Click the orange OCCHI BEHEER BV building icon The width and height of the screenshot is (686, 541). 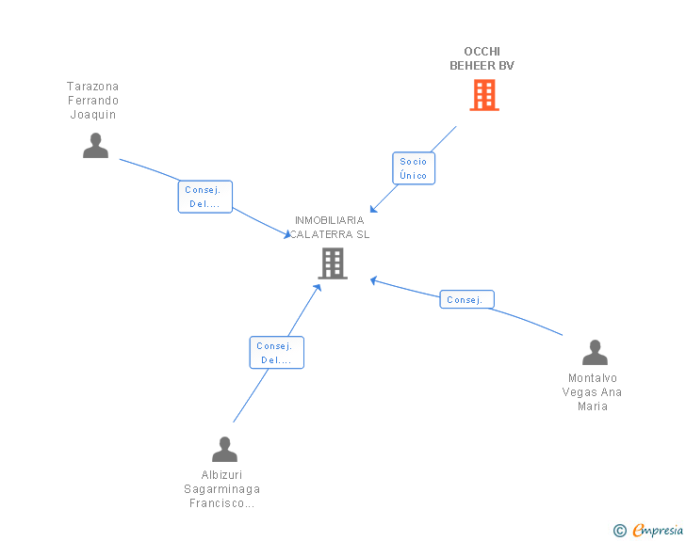(483, 95)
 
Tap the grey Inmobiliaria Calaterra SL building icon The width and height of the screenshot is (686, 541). (333, 263)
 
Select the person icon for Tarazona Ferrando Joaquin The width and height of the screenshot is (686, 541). (95, 146)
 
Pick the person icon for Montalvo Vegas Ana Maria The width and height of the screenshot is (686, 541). (595, 353)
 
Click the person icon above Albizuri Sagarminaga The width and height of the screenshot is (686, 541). (224, 450)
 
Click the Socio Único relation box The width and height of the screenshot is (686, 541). (413, 168)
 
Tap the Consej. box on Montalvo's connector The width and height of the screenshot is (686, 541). (466, 300)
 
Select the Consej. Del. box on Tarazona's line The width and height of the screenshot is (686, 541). (204, 197)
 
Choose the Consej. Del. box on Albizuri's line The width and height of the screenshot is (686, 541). (276, 353)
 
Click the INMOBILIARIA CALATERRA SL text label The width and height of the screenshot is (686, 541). (329, 227)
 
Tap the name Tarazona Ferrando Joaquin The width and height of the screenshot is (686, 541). (92, 101)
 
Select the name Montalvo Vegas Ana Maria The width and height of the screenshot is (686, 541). (593, 392)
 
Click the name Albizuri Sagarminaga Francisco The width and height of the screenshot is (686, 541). (221, 489)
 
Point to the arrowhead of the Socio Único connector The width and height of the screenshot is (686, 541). (373, 209)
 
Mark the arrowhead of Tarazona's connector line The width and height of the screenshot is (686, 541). (287, 235)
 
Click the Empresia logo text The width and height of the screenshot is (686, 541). (657, 530)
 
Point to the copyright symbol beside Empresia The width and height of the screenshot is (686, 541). (619, 531)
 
